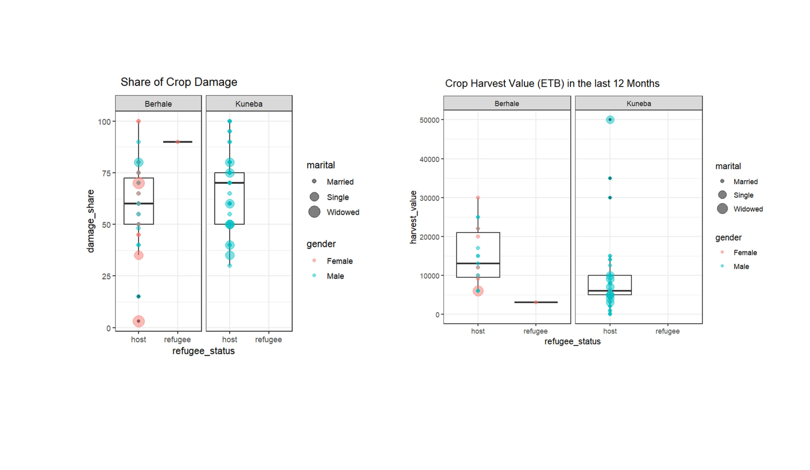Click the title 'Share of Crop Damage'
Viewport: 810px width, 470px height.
(179, 82)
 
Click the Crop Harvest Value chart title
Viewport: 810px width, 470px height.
(552, 83)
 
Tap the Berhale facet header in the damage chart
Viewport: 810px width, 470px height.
(158, 104)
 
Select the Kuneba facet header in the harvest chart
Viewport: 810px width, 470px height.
(639, 103)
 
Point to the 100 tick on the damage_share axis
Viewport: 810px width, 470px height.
(104, 122)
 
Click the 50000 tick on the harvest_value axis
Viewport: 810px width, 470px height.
(429, 120)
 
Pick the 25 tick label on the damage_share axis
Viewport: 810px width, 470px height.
(106, 276)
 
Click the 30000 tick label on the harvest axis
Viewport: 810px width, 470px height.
(429, 198)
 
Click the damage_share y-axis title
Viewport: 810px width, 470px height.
(90, 221)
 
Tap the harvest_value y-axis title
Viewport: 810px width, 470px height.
(413, 217)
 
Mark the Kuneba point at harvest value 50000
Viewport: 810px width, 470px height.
(610, 120)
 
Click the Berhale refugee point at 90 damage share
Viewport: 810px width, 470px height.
(178, 142)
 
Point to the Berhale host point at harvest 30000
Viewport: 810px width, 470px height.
(478, 198)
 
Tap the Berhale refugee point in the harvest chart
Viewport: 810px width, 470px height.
(535, 302)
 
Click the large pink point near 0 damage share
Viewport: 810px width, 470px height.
(139, 321)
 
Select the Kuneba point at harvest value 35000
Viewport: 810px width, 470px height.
(610, 178)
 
